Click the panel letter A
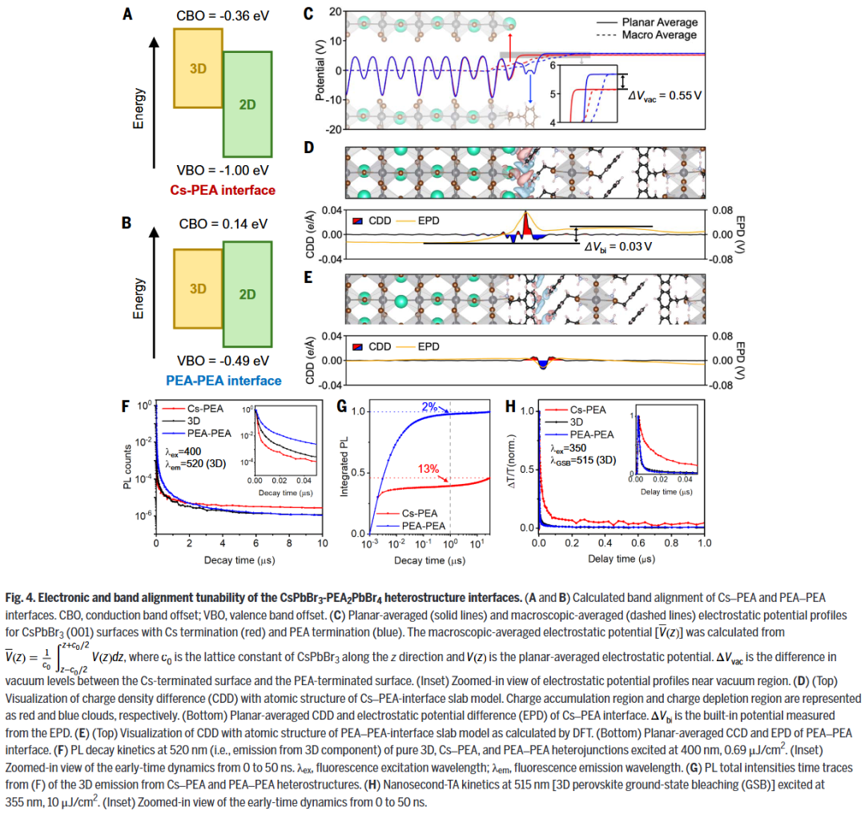tap(127, 14)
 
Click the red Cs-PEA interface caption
tap(223, 190)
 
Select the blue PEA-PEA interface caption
tap(223, 381)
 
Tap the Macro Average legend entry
tap(664, 34)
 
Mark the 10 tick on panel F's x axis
tap(321, 544)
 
